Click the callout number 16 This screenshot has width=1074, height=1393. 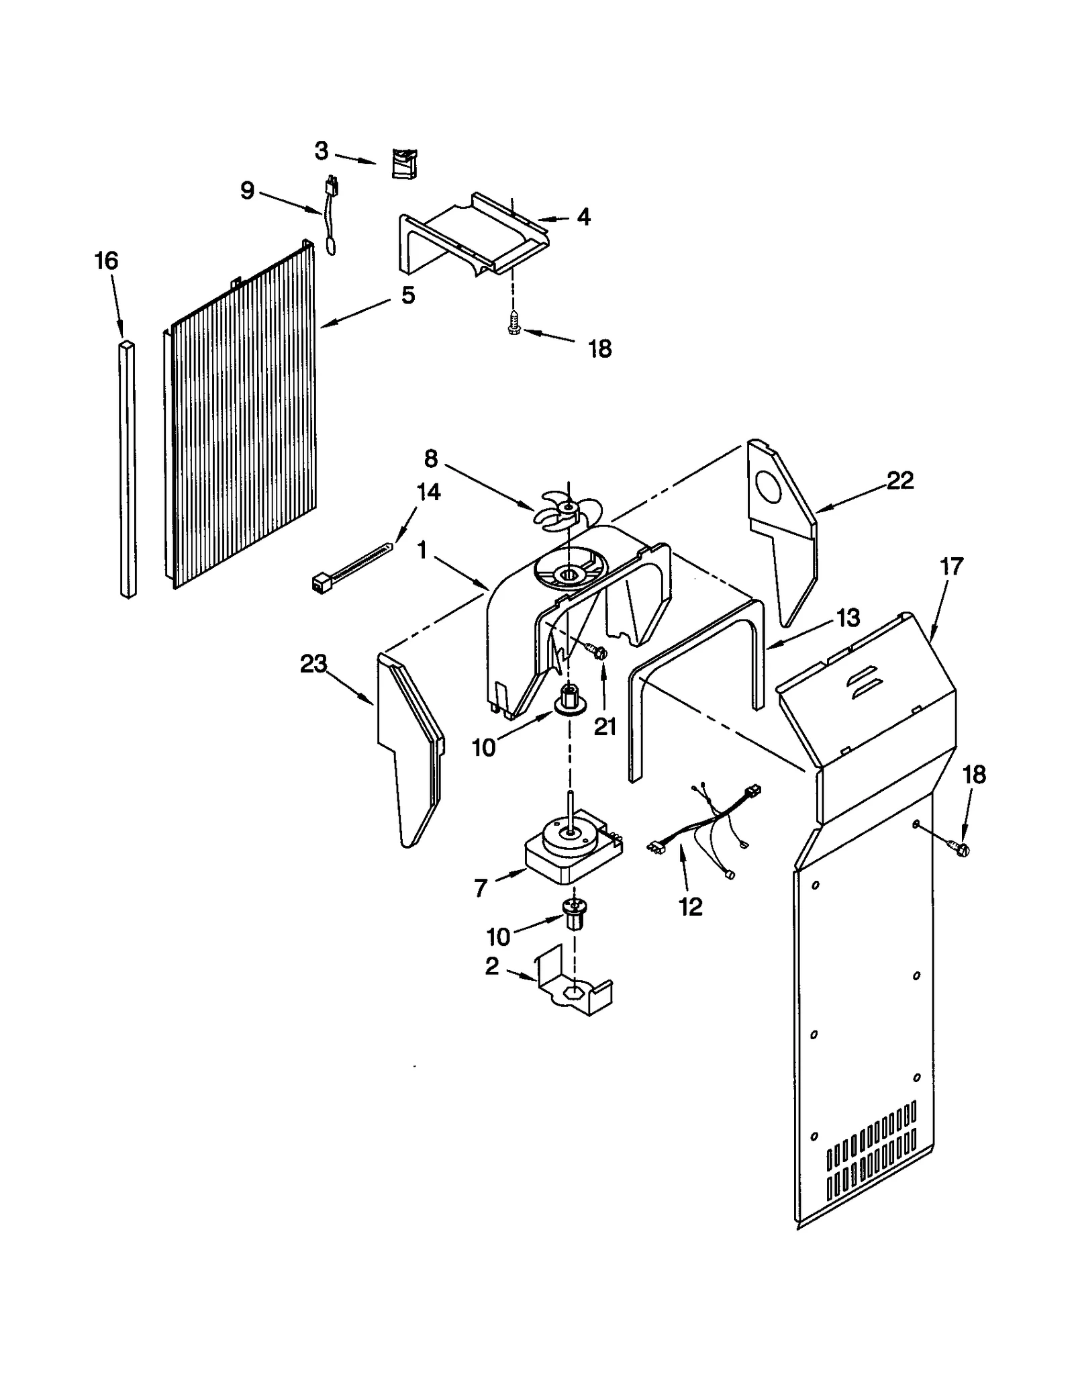coord(106,260)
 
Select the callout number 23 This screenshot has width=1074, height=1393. coord(313,664)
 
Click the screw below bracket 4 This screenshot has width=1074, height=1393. coord(515,322)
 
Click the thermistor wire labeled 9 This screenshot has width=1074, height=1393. coord(331,215)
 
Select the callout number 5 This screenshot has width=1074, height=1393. coord(408,295)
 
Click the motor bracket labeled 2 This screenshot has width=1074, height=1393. coord(576,992)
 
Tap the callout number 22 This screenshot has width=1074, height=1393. coord(899,481)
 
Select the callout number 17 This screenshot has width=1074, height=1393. coord(951,567)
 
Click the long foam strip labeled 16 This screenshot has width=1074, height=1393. coord(128,470)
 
